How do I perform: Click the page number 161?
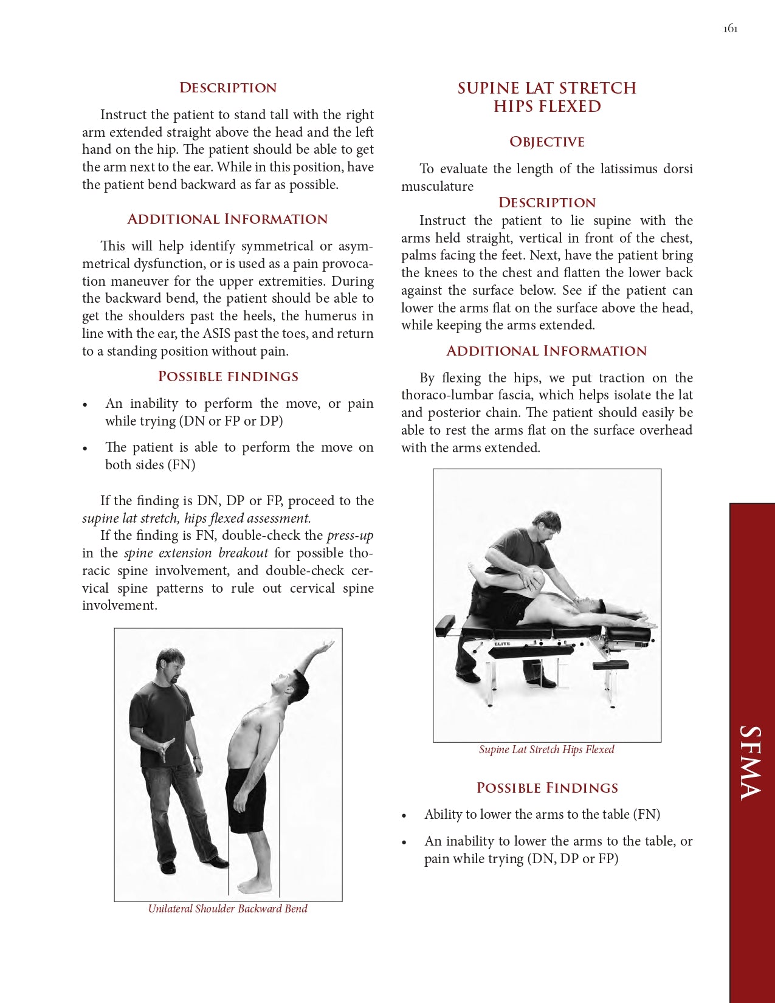click(730, 29)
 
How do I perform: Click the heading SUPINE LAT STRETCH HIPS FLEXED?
click(546, 97)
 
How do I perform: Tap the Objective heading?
click(546, 142)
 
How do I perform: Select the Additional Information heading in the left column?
click(227, 219)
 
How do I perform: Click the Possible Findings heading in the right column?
click(547, 788)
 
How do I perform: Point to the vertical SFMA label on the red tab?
click(751, 763)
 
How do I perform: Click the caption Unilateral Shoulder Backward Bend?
click(227, 909)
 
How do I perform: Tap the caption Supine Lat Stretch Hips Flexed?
click(546, 750)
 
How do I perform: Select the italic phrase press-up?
click(350, 536)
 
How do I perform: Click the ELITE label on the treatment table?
click(502, 644)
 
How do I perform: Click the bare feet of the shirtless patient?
click(254, 886)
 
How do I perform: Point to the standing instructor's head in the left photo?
click(170, 663)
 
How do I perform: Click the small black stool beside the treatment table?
click(610, 666)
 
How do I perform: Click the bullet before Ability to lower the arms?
click(404, 816)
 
